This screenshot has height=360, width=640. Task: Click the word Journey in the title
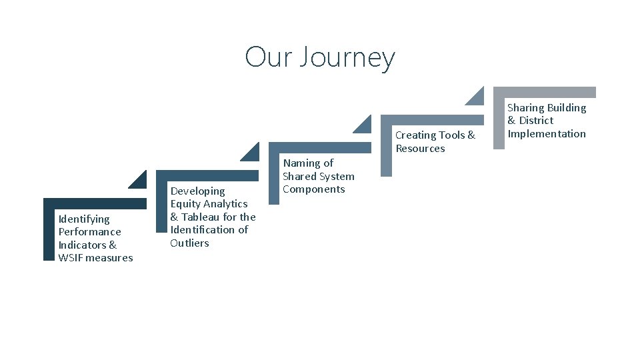[347, 57]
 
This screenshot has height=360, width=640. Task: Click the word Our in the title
[268, 57]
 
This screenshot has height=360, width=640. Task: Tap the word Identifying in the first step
[84, 219]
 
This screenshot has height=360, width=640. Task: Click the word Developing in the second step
[197, 191]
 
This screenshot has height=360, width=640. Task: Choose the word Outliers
[189, 243]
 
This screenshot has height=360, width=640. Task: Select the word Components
[313, 189]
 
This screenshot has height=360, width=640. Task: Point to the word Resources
[420, 148]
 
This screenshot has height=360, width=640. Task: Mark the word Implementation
[547, 133]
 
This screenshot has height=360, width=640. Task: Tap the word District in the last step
[536, 120]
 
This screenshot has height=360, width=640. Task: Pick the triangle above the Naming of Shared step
[364, 126]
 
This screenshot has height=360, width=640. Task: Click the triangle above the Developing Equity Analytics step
[252, 154]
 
